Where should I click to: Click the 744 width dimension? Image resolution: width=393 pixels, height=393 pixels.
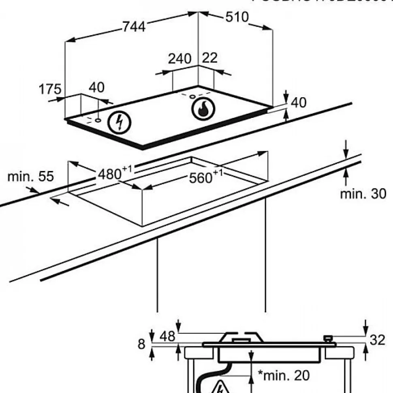[x=134, y=27]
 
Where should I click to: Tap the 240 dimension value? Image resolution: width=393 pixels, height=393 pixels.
[x=179, y=59]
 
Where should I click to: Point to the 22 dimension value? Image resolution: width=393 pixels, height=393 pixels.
[x=209, y=58]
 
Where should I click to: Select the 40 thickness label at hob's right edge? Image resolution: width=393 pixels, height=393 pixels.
[x=299, y=103]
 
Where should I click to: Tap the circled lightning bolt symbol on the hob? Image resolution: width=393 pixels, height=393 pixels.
[x=120, y=122]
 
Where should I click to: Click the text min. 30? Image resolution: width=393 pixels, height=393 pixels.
[x=363, y=194]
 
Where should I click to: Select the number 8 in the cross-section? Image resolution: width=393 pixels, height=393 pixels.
[x=141, y=344]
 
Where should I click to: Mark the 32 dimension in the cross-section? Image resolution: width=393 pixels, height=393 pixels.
[x=377, y=340]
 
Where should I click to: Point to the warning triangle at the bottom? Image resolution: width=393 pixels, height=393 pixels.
[x=219, y=387]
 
